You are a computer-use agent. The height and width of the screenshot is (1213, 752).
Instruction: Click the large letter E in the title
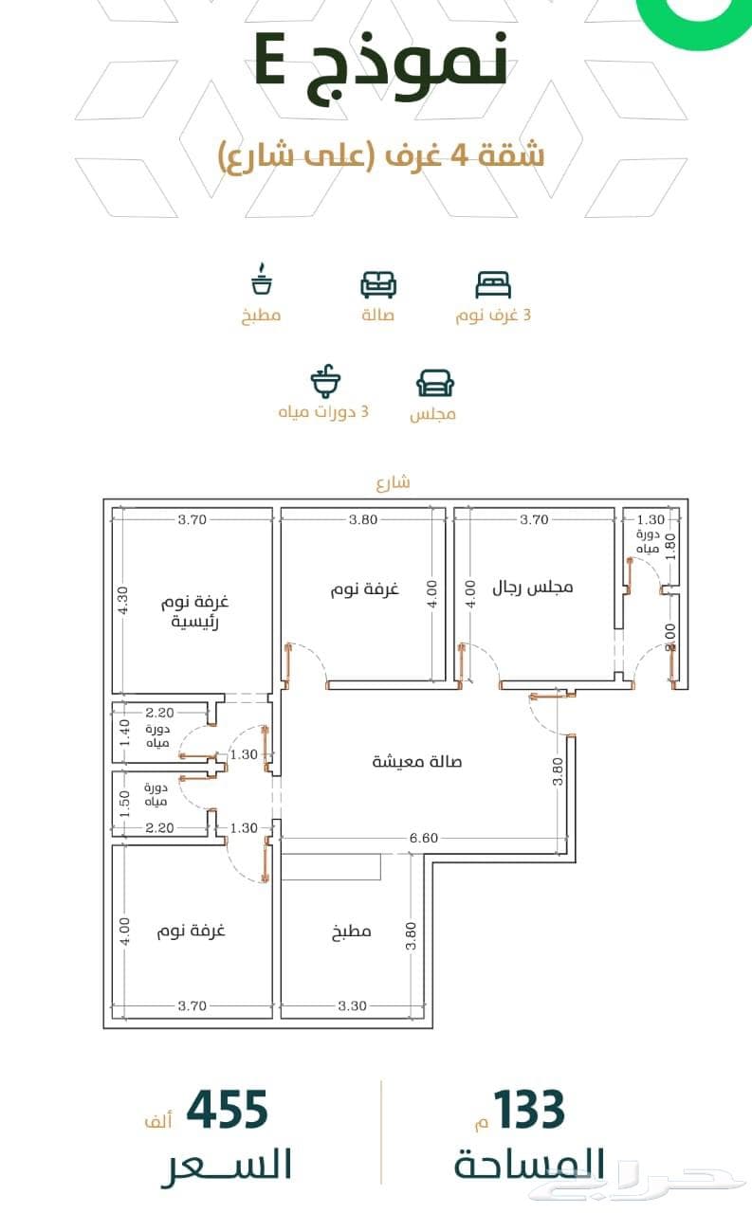pyautogui.click(x=270, y=59)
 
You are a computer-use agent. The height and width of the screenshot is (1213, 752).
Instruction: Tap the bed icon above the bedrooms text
pyautogui.click(x=493, y=285)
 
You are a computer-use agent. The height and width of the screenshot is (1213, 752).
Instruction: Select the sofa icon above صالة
pyautogui.click(x=378, y=285)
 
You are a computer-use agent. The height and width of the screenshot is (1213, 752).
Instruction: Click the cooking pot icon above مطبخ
pyautogui.click(x=261, y=279)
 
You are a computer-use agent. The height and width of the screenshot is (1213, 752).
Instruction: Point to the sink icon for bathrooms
pyautogui.click(x=325, y=381)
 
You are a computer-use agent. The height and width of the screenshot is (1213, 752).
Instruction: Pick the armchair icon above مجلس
pyautogui.click(x=435, y=384)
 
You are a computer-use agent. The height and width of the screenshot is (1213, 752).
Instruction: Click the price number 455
pyautogui.click(x=227, y=1110)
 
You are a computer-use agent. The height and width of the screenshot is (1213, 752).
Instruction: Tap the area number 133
pyautogui.click(x=529, y=1110)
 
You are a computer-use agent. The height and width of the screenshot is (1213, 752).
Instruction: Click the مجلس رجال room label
pyautogui.click(x=533, y=588)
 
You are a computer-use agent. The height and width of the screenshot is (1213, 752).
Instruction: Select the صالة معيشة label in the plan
pyautogui.click(x=416, y=762)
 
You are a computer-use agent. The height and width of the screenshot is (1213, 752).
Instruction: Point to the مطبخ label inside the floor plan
pyautogui.click(x=351, y=932)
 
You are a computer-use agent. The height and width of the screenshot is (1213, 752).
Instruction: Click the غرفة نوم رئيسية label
pyautogui.click(x=194, y=611)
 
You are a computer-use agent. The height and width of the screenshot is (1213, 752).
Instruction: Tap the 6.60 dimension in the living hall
pyautogui.click(x=424, y=839)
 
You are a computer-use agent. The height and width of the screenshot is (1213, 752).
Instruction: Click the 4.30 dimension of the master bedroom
pyautogui.click(x=123, y=601)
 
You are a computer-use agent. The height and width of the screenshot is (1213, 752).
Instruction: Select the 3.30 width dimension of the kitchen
pyautogui.click(x=352, y=1006)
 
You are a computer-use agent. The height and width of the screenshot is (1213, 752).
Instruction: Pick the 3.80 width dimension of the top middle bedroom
pyautogui.click(x=363, y=520)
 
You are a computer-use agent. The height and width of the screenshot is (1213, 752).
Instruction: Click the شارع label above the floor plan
pyautogui.click(x=394, y=482)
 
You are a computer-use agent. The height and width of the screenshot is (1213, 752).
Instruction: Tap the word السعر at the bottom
pyautogui.click(x=227, y=1165)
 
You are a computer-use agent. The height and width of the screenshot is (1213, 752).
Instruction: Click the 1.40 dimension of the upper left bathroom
pyautogui.click(x=124, y=733)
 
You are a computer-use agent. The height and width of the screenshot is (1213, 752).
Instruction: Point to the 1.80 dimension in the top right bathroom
pyautogui.click(x=670, y=547)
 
